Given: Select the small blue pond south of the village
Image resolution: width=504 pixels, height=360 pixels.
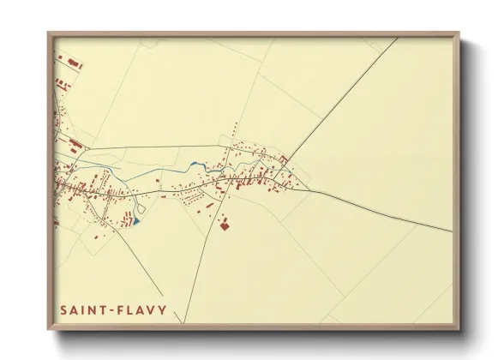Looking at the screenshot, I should point(135,221).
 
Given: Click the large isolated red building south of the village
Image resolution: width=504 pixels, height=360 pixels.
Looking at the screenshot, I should point(225,225).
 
